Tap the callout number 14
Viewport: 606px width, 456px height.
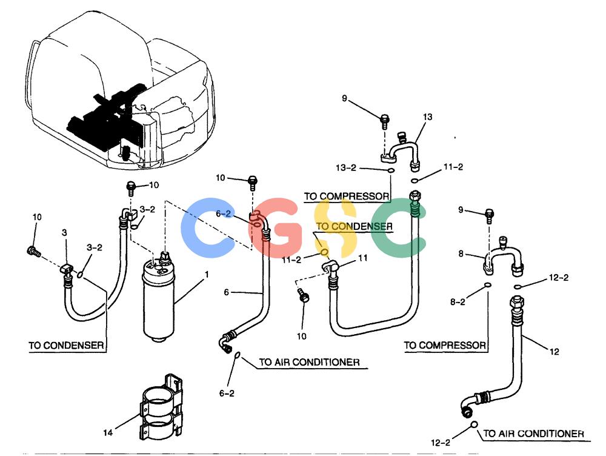(x=108, y=432)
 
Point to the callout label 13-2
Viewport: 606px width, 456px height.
(x=346, y=168)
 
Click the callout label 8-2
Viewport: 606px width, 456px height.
(x=458, y=302)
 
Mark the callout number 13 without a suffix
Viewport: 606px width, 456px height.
(x=427, y=117)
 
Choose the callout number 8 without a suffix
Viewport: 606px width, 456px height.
(x=461, y=253)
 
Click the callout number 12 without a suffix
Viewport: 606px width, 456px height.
(x=554, y=352)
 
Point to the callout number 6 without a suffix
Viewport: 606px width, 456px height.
(x=227, y=292)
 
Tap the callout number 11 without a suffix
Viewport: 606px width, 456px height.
(x=362, y=258)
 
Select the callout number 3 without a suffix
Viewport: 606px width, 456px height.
(x=64, y=232)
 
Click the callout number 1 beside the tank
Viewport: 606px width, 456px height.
(x=207, y=274)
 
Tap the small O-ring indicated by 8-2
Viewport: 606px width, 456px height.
(x=488, y=285)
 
